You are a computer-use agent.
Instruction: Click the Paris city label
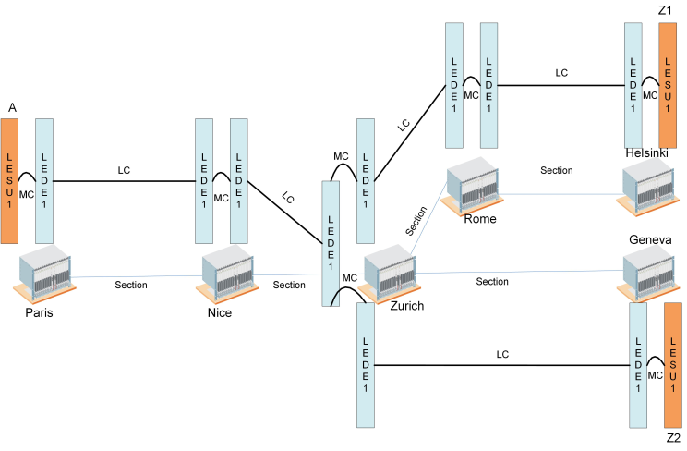(x=39, y=312)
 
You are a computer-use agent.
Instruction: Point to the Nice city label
(x=219, y=312)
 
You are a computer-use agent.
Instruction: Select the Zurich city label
(x=405, y=306)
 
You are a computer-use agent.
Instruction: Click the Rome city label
(x=480, y=219)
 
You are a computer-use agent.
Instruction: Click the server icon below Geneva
(x=651, y=274)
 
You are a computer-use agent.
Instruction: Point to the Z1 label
(x=666, y=10)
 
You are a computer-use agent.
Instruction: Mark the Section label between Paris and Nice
(x=131, y=285)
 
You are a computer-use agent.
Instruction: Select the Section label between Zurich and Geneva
(x=492, y=281)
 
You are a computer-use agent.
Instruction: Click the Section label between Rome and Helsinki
(x=557, y=170)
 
